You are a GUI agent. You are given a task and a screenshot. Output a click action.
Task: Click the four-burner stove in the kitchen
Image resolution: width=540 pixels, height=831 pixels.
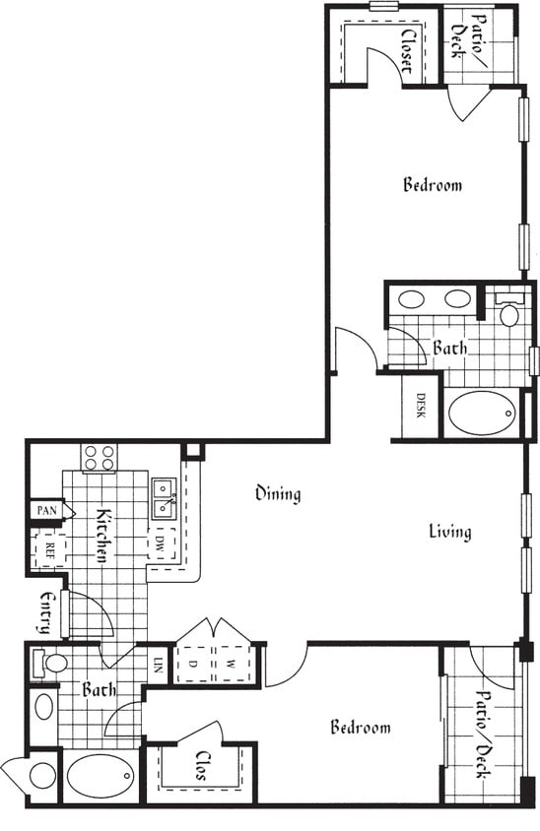(99, 457)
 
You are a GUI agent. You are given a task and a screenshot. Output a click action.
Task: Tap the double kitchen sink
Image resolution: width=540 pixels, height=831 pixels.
(163, 498)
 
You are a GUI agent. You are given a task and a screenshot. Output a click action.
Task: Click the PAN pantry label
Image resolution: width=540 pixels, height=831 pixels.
(46, 510)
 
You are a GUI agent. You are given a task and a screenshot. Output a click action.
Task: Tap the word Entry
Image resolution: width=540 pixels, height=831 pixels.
(46, 612)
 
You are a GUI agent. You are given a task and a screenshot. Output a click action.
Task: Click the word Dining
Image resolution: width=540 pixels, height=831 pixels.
(277, 493)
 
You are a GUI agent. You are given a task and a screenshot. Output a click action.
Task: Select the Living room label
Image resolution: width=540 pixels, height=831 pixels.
(449, 532)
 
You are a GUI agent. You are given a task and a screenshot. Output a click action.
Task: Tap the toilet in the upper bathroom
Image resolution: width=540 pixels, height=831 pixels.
(508, 314)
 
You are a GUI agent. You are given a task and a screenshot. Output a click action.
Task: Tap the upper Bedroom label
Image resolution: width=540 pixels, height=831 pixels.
(433, 184)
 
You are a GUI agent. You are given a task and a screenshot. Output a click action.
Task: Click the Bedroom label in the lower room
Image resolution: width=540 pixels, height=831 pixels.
(360, 728)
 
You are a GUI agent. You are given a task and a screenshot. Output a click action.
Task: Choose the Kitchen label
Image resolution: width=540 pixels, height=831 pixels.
(101, 536)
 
